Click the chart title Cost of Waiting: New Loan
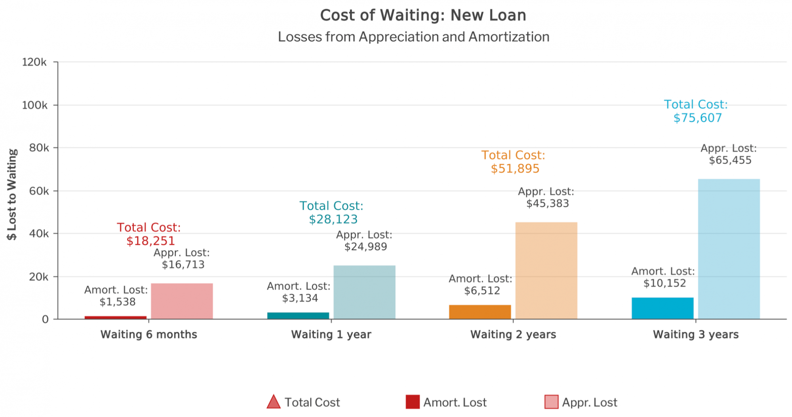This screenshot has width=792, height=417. (x=423, y=15)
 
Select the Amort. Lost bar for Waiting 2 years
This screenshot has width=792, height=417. (x=480, y=312)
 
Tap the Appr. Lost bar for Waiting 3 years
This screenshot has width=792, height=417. (x=729, y=249)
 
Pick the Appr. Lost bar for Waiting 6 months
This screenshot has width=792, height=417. (x=182, y=301)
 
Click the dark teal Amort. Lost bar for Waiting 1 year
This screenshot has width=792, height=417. (x=298, y=316)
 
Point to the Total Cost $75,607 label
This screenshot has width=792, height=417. (x=697, y=111)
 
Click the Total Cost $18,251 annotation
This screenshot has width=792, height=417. (x=149, y=234)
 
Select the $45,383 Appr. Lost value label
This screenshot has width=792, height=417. (x=547, y=203)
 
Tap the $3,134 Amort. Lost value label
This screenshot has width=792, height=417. (x=300, y=298)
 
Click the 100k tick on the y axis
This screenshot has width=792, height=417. (x=34, y=105)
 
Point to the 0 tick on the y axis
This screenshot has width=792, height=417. (x=45, y=319)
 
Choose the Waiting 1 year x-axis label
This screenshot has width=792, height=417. (x=331, y=335)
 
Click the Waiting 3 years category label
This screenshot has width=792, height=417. (x=696, y=335)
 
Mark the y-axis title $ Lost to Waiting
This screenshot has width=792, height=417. (x=12, y=194)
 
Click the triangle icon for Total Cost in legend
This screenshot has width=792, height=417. (x=274, y=402)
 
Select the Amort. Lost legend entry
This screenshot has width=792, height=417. (x=447, y=402)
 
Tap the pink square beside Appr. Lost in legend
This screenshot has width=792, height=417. (x=551, y=402)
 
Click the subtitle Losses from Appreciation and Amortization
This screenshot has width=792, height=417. (x=413, y=37)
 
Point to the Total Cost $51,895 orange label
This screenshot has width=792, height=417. (x=514, y=162)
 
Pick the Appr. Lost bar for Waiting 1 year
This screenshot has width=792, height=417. (x=364, y=292)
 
